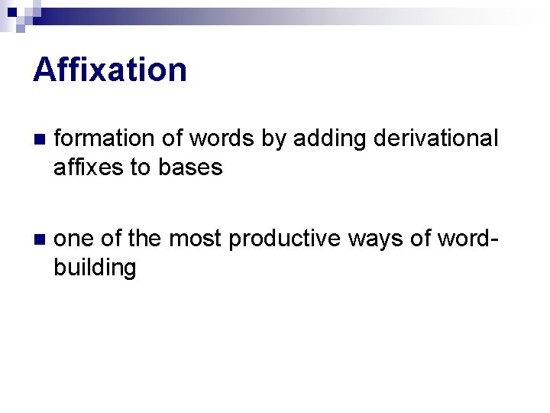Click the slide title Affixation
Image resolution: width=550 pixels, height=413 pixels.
tap(110, 70)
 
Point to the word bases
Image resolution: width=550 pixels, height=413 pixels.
tap(190, 167)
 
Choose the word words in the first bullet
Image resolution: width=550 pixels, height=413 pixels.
tap(222, 138)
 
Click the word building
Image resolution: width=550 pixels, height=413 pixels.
tap(95, 267)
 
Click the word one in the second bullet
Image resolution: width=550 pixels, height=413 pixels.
tap(75, 239)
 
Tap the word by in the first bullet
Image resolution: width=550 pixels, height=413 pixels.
tap(273, 138)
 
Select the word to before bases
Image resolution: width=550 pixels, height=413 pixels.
tap(141, 167)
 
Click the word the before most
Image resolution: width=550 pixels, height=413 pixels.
tap(144, 239)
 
